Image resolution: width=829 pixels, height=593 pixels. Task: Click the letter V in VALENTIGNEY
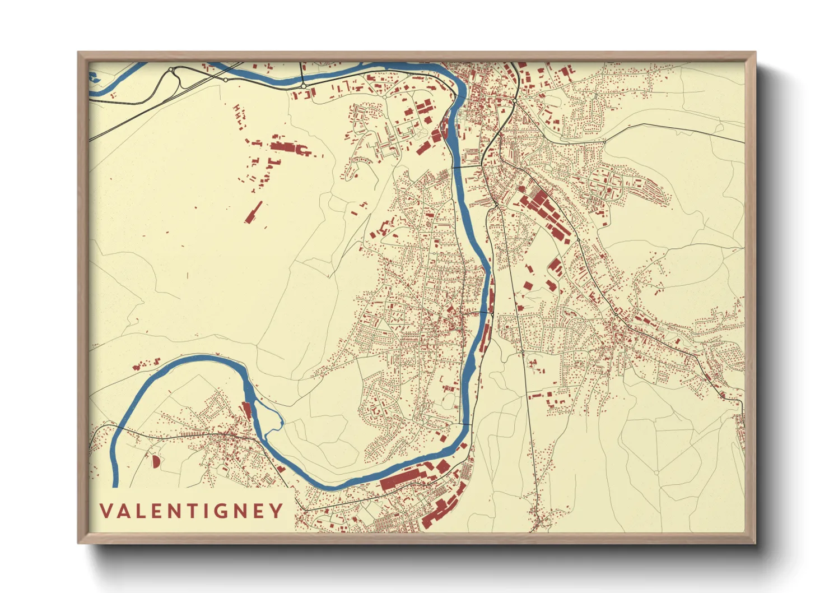(106, 511)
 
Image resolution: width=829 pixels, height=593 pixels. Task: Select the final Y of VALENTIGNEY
(277, 511)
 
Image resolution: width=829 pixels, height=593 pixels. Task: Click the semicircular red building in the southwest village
(155, 461)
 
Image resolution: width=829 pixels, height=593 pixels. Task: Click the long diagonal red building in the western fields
(253, 212)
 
